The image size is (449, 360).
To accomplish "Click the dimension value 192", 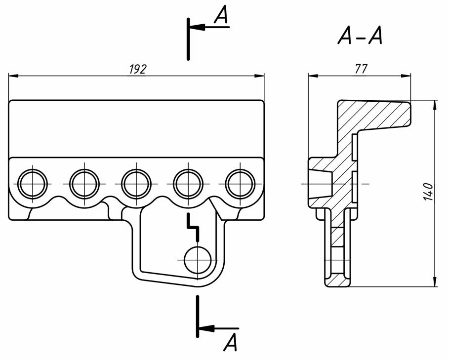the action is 138,69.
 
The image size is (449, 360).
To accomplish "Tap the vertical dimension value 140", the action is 428,192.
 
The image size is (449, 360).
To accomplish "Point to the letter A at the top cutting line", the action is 221,15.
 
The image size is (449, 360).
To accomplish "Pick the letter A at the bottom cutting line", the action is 231,342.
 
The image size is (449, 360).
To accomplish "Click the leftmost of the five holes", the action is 33,183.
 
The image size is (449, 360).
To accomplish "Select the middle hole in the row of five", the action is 136,183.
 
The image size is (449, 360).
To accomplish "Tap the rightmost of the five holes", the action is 240,183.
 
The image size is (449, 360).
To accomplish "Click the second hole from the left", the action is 84,183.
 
